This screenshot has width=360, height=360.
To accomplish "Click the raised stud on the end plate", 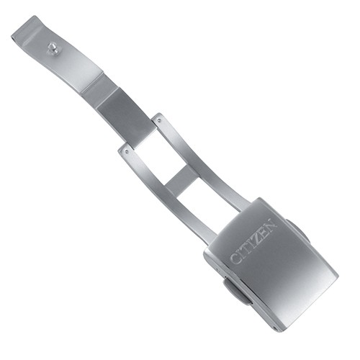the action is [52, 47].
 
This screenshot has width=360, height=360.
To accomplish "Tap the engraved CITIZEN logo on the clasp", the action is [253, 241].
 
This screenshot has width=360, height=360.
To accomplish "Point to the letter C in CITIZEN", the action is [235, 258].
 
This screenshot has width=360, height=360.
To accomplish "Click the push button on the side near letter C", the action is [235, 292].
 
